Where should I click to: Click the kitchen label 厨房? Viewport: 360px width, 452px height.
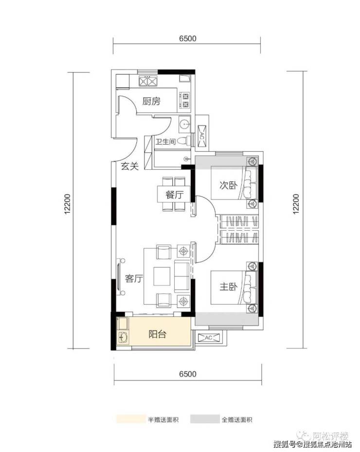pos(151,101)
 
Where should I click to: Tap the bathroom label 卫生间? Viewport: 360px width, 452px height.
pos(165,142)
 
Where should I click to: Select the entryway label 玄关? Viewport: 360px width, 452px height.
pos(130,166)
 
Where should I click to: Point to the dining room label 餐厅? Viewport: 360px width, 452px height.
pos(174,195)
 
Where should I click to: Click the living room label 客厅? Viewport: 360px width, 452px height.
pos(134,279)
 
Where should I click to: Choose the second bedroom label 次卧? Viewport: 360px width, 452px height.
pos(228,185)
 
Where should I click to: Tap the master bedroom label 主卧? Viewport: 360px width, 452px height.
pos(228,287)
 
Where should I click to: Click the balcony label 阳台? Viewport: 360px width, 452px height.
pos(157,334)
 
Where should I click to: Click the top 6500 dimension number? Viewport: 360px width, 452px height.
pos(187,38)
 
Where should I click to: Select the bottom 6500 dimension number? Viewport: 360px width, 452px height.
pos(187,374)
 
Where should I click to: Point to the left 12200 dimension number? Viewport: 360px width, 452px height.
pos(67,204)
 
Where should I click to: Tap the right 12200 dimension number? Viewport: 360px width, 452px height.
pos(296,204)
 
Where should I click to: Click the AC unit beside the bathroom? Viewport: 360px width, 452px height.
pos(201,137)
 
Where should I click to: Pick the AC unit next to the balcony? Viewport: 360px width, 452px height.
pos(208,338)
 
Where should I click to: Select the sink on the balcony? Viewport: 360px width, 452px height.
pos(123,337)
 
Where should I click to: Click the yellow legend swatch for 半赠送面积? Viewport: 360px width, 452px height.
pos(130,419)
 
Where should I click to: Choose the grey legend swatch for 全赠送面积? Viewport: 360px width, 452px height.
pos(205,419)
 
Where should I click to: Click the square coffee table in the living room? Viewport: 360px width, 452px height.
pos(162,276)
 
